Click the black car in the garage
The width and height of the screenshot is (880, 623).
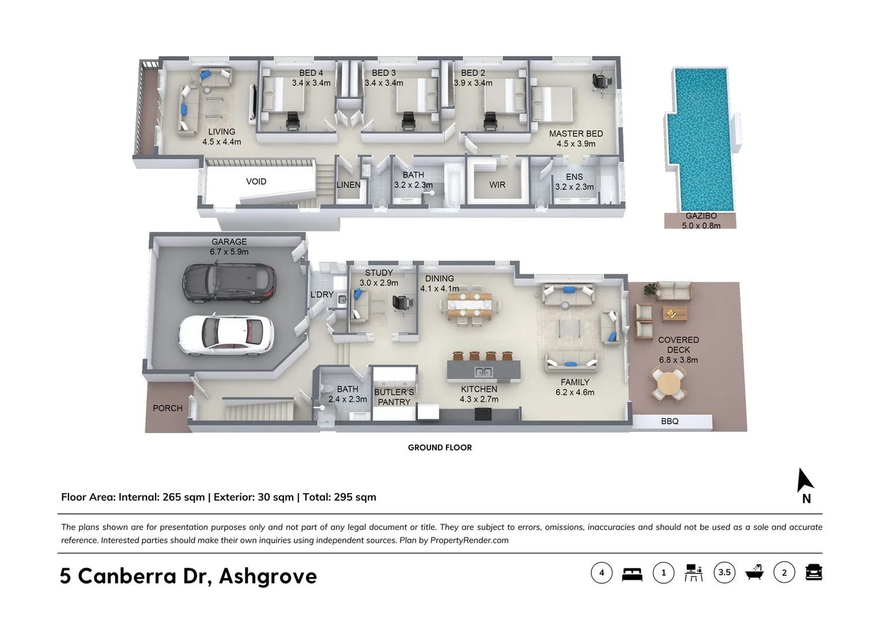230,283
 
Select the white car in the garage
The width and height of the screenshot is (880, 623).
225,335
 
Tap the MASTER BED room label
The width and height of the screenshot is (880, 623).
576,133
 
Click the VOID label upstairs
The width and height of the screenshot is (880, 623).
256,181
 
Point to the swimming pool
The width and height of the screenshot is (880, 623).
701,138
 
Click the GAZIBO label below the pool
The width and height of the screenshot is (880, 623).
701,216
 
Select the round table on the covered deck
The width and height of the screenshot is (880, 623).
669,384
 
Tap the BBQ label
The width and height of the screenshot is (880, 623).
670,421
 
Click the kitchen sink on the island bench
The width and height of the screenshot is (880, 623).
484,371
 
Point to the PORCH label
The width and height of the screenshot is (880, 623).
167,408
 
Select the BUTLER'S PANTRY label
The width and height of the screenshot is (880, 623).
394,397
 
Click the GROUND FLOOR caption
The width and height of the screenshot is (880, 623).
440,447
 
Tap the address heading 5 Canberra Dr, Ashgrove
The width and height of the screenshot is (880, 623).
188,575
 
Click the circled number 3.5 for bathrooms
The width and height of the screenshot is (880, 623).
724,572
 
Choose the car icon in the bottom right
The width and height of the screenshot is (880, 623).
813,572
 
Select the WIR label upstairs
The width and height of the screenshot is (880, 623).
497,185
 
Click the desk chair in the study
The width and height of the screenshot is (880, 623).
400,302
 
